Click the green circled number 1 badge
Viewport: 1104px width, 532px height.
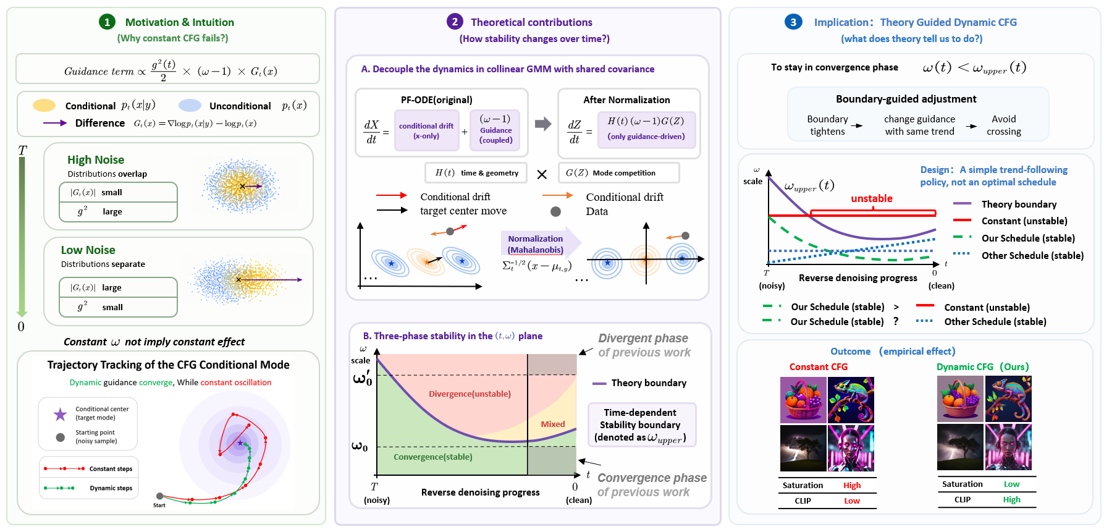coord(107,22)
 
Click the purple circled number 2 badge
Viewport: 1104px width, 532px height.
coord(455,22)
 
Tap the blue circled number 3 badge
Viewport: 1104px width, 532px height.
coord(793,22)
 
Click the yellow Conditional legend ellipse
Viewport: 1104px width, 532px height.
coord(44,105)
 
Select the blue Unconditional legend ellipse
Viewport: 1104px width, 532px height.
coord(190,105)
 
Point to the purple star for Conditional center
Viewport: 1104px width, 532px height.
coord(60,413)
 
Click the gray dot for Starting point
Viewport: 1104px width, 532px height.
coord(60,437)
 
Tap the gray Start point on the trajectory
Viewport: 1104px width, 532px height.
coord(159,496)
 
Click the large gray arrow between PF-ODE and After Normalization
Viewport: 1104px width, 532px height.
coord(543,124)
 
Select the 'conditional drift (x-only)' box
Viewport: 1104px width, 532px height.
coord(426,130)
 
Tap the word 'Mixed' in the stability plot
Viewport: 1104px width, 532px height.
coord(553,424)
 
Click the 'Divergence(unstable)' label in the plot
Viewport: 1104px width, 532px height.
coord(470,394)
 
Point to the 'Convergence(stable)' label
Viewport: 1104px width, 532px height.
coord(433,457)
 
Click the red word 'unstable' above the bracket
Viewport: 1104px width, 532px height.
coord(872,198)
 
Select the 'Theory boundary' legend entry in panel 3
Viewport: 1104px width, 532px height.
coord(1005,204)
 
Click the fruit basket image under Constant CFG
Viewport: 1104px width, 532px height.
coord(803,400)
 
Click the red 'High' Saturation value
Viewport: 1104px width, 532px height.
coord(852,485)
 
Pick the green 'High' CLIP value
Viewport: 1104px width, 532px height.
coord(1012,499)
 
